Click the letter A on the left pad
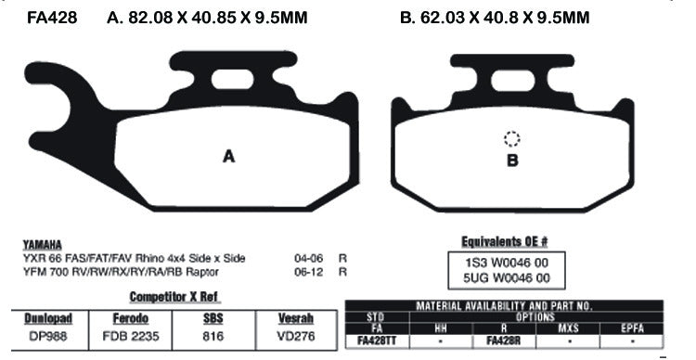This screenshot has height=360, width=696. pos(228,157)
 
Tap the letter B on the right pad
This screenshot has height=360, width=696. pos(510,160)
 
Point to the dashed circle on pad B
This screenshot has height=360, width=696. pos(511,139)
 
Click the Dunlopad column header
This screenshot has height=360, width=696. pos(47,318)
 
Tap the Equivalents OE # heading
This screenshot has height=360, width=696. pos(505,239)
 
